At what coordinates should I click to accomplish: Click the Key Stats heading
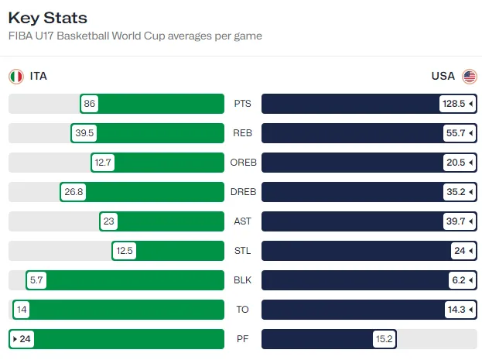coord(48,18)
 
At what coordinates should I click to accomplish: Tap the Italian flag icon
coord(15,76)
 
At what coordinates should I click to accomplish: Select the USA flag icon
coord(470,76)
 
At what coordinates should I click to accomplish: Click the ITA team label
coord(39,76)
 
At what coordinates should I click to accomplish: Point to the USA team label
coord(443,76)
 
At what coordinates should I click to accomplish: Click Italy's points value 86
coord(90,104)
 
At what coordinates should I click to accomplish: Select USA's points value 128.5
coord(456,104)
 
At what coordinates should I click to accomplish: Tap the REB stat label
coord(242,133)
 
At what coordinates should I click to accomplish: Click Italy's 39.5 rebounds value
coord(84,133)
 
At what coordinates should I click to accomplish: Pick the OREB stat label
coord(242,163)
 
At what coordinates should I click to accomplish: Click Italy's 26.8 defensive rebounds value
coord(73,192)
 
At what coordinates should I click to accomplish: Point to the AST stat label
coord(242,221)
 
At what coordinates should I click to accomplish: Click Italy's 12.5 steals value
coord(124,251)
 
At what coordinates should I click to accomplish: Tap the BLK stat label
coord(242,280)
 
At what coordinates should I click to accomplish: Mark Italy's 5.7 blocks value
coord(36,280)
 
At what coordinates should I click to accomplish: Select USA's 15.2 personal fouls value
coord(385,339)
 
